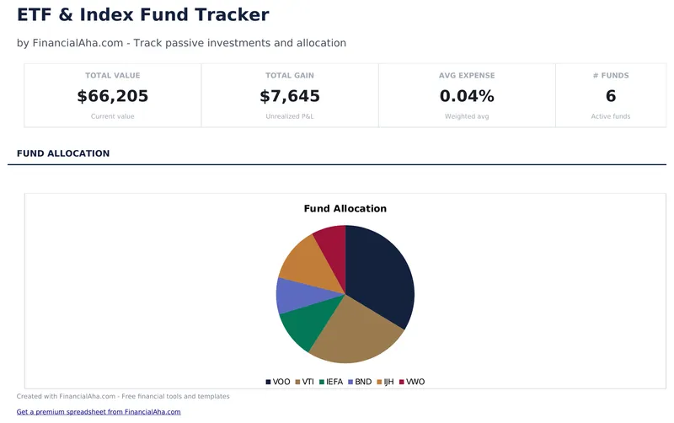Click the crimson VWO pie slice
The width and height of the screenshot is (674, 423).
tap(331, 243)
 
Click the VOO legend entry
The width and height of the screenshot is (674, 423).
tap(277, 382)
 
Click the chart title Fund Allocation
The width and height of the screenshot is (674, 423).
tap(345, 208)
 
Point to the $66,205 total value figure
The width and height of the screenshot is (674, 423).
tap(112, 96)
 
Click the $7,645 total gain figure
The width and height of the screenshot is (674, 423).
tap(290, 96)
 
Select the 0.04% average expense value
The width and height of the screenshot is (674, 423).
tap(467, 96)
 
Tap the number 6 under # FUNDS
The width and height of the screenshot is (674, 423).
tap(611, 96)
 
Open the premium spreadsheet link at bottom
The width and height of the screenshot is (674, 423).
tap(99, 412)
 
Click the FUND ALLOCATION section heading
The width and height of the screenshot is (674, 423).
tap(63, 153)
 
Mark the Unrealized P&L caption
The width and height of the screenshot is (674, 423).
tap(290, 116)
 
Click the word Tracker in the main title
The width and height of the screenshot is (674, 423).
tap(232, 15)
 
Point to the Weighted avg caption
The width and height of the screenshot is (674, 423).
tap(467, 116)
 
